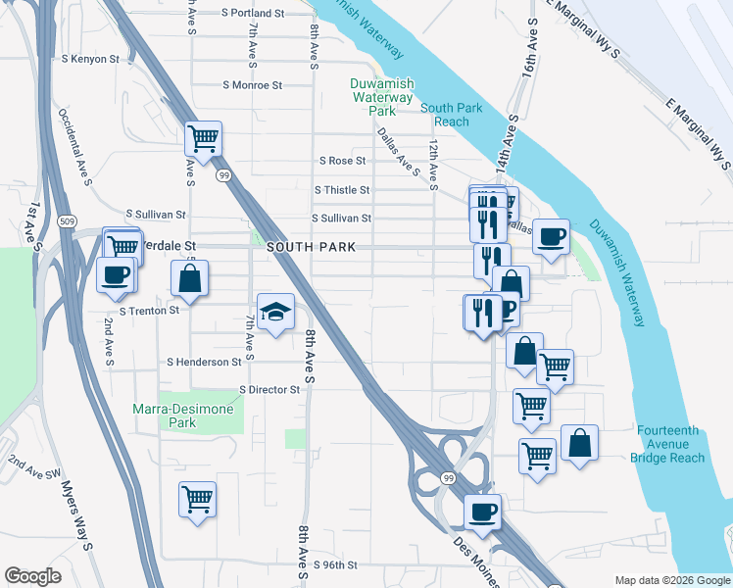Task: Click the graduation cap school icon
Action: click(276, 313)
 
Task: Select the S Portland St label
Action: click(252, 14)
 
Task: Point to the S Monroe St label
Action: click(253, 85)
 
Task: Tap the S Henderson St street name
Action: click(204, 363)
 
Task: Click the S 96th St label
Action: click(329, 565)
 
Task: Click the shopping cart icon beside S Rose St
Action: click(203, 139)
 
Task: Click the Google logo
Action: click(33, 576)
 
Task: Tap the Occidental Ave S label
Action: click(74, 147)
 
